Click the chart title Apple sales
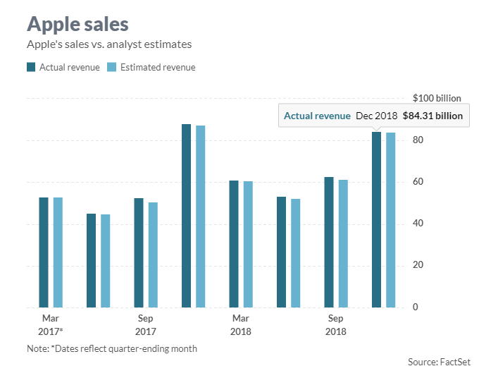[x=77, y=24]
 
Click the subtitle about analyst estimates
[x=109, y=44]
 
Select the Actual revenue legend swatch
[x=31, y=68]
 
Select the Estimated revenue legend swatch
[x=111, y=68]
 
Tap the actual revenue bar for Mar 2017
[x=44, y=252]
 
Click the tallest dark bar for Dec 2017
[x=187, y=216]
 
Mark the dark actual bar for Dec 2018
[x=377, y=219]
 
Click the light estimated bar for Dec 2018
[x=390, y=220]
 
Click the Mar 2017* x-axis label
[x=50, y=324]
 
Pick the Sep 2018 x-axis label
[x=336, y=324]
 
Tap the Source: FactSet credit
[x=439, y=362]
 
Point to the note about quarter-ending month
[x=112, y=348]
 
